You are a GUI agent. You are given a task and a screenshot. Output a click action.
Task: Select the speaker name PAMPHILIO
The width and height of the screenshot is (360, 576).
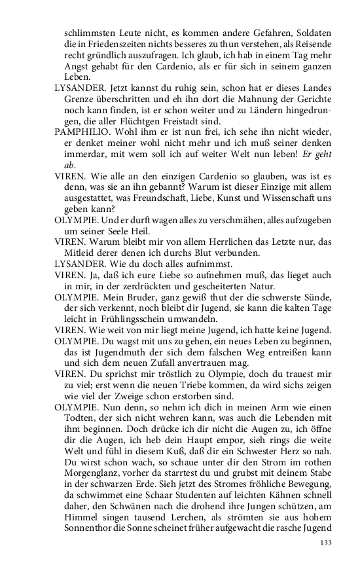tap(77, 131)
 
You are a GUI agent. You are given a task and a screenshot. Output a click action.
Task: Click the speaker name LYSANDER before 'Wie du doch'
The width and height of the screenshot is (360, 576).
tap(77, 263)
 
